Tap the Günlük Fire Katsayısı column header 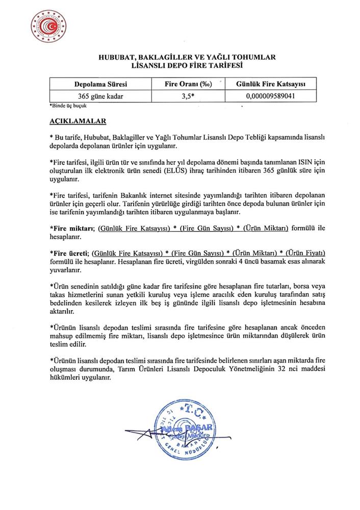[270, 84]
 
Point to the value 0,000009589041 [270, 95]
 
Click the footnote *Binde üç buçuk [69, 106]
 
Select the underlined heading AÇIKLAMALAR [78, 122]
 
